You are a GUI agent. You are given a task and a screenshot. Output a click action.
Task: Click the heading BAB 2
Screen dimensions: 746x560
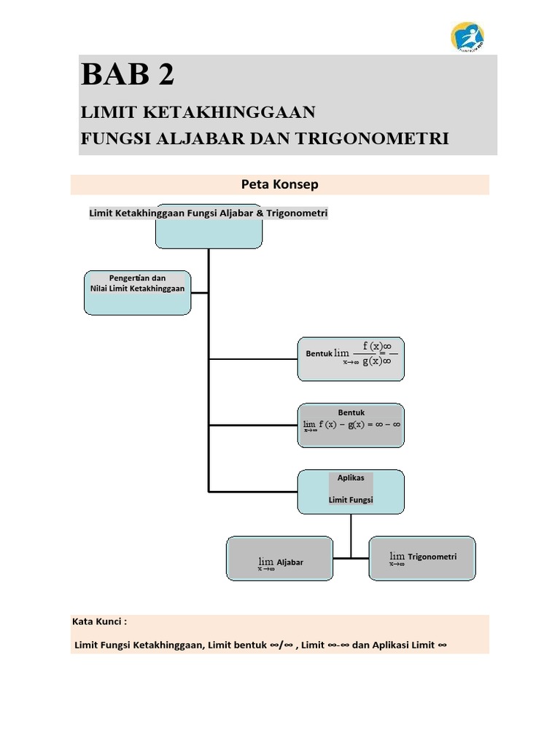(x=128, y=75)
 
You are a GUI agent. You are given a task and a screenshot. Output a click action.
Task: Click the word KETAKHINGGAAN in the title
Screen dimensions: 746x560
(x=240, y=112)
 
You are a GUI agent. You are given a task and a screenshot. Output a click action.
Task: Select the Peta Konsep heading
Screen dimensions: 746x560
(x=280, y=184)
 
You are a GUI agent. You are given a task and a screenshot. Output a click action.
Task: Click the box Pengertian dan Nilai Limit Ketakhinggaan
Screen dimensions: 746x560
(x=138, y=293)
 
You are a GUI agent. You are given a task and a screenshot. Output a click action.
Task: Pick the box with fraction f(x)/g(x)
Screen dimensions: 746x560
(x=351, y=358)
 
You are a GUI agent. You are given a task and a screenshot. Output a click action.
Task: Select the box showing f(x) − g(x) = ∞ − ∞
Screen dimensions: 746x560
(x=351, y=425)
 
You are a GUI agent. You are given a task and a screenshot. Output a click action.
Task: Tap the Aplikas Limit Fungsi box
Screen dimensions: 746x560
(x=351, y=491)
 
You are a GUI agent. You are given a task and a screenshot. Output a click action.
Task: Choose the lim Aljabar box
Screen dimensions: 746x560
(x=280, y=559)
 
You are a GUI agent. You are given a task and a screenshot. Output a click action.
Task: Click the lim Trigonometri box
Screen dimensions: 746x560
(x=423, y=558)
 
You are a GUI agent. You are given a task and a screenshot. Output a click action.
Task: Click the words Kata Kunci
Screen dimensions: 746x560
(x=100, y=621)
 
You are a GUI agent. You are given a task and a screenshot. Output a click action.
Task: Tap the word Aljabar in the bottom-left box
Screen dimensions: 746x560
(x=290, y=562)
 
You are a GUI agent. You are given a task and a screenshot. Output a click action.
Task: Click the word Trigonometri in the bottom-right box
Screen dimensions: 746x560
(x=432, y=557)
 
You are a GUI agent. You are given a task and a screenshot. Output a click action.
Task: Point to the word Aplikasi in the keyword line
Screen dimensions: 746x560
(x=392, y=645)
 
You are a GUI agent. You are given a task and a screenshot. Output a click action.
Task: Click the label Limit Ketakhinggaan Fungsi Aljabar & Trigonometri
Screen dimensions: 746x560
(x=209, y=213)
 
